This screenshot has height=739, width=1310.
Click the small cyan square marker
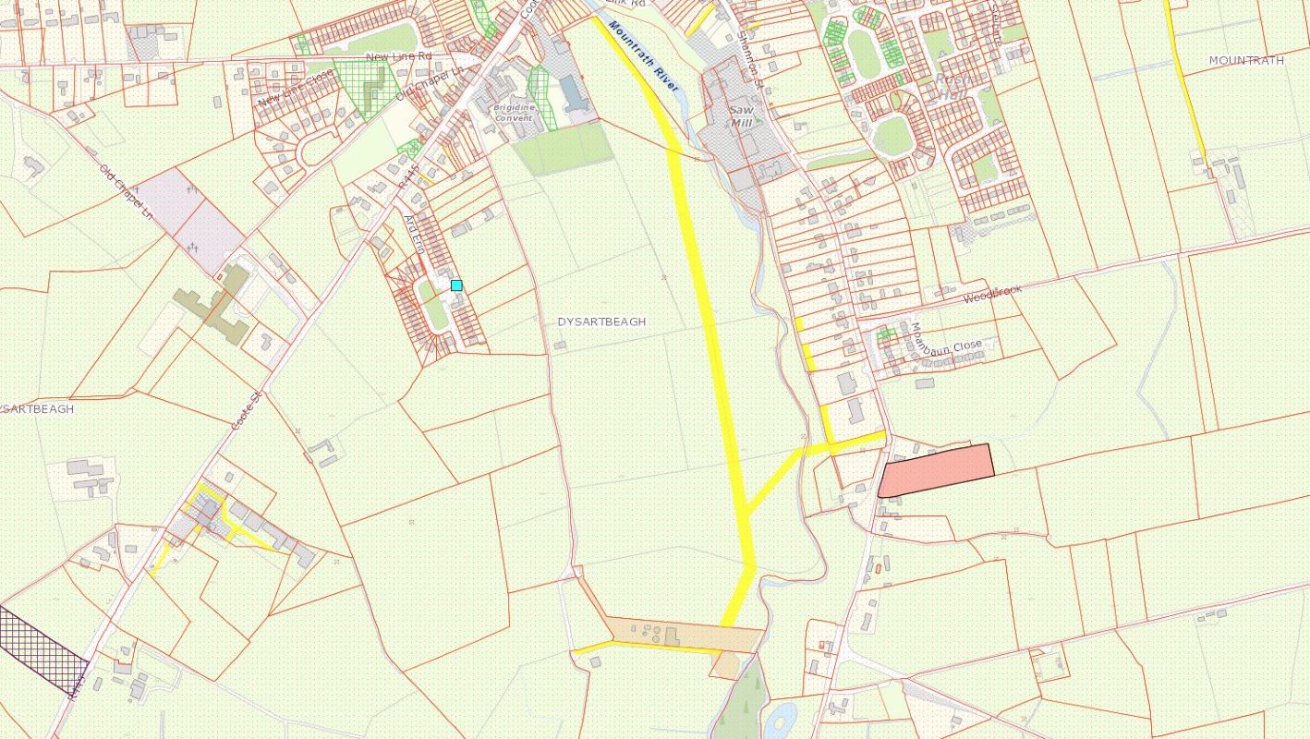pyautogui.click(x=455, y=285)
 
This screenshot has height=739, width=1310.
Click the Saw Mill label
pyautogui.click(x=741, y=114)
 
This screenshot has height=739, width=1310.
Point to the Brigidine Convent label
pyautogui.click(x=515, y=112)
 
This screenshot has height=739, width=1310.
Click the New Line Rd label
pyautogui.click(x=399, y=56)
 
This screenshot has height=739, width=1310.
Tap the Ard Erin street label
pyautogui.click(x=414, y=235)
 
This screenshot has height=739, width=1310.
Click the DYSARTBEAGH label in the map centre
pyautogui.click(x=601, y=321)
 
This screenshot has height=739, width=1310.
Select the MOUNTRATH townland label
pyautogui.click(x=1246, y=60)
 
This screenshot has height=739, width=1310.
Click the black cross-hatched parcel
pyautogui.click(x=42, y=648)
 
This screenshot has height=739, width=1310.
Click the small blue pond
pyautogui.click(x=781, y=718)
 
